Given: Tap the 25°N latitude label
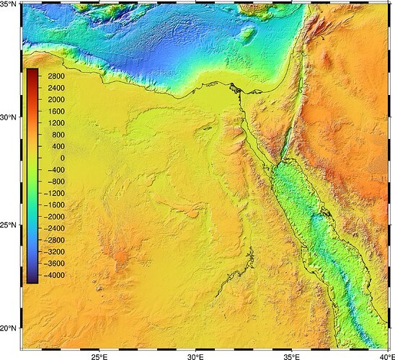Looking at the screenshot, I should (9, 225).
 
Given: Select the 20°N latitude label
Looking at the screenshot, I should (9, 328).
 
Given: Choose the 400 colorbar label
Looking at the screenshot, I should (56, 146).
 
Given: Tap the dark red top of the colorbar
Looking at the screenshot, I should (31, 71).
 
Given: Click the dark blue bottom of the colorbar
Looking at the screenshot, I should (31, 279).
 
